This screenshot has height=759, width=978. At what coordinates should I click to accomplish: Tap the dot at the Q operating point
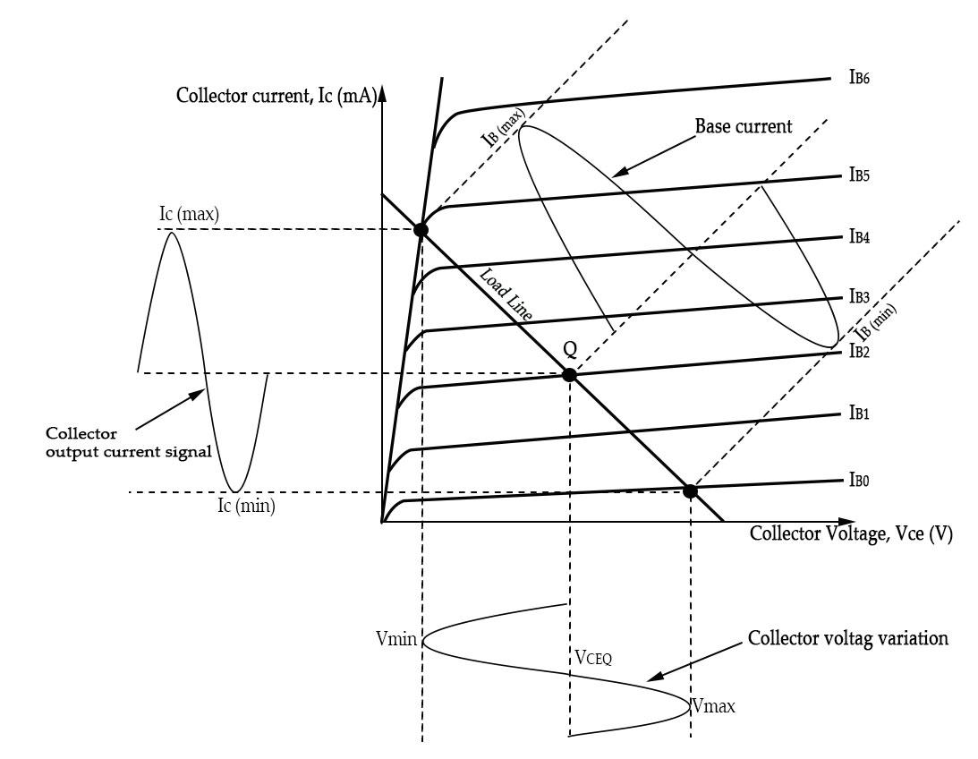click(x=568, y=375)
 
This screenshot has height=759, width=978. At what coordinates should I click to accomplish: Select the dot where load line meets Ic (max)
click(x=421, y=230)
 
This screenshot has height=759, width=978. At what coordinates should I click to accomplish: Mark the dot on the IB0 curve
click(x=690, y=490)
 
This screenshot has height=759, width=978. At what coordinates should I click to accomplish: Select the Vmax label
click(x=713, y=706)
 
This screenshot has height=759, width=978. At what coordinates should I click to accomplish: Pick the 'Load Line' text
click(x=506, y=295)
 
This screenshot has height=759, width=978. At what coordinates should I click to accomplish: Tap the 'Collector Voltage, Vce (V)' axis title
click(x=850, y=534)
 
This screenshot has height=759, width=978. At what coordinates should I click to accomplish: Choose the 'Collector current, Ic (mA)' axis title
click(x=277, y=96)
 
